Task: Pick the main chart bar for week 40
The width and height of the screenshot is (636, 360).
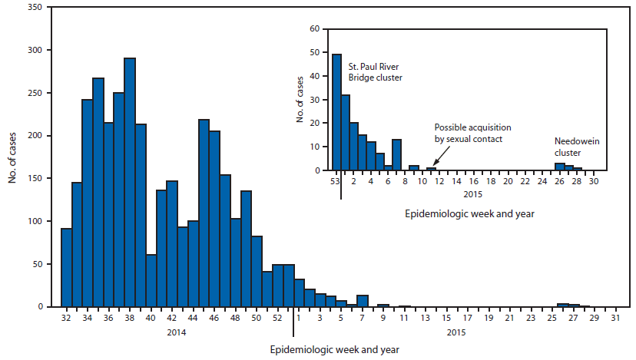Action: pyautogui.click(x=151, y=281)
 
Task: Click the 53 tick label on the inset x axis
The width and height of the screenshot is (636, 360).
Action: pyautogui.click(x=336, y=181)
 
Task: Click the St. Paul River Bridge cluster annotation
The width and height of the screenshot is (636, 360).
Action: pyautogui.click(x=376, y=72)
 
